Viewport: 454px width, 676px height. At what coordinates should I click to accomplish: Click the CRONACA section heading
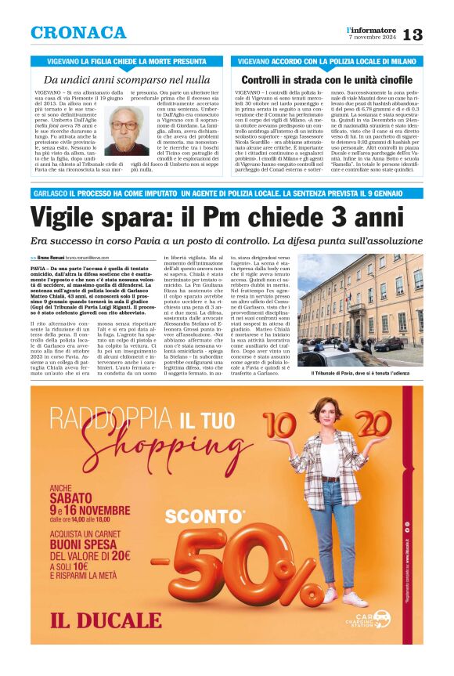tap(78, 33)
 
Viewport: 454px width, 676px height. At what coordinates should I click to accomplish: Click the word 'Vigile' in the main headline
tap(64, 217)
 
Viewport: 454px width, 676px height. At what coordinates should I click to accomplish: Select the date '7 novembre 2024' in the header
tap(372, 38)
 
